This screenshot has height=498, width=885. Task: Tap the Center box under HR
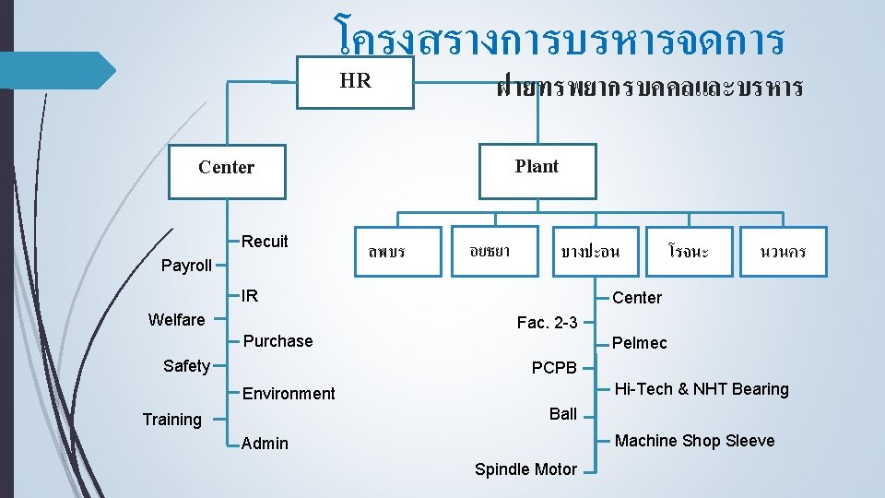[x=226, y=168]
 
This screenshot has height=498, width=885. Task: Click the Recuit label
[x=265, y=242]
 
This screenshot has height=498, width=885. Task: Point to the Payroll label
[x=186, y=266]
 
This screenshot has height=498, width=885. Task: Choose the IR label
[x=250, y=296]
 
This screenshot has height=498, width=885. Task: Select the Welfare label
[x=176, y=320]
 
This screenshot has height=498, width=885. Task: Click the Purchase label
[x=277, y=341]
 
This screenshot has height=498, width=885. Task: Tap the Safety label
[x=186, y=366]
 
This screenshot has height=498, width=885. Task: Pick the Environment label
[x=289, y=394]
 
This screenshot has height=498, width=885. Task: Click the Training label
[x=171, y=420]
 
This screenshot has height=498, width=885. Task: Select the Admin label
[x=265, y=444]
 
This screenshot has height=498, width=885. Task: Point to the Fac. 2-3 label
[x=548, y=323]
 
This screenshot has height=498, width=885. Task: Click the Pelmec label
[x=640, y=343]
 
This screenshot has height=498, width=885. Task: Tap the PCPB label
[x=554, y=368]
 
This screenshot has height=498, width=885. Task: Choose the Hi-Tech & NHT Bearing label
[x=702, y=389]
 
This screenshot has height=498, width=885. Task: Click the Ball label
[x=563, y=413]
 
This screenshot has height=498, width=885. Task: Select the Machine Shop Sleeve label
[x=694, y=441]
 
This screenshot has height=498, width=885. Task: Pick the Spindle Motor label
[x=525, y=469]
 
